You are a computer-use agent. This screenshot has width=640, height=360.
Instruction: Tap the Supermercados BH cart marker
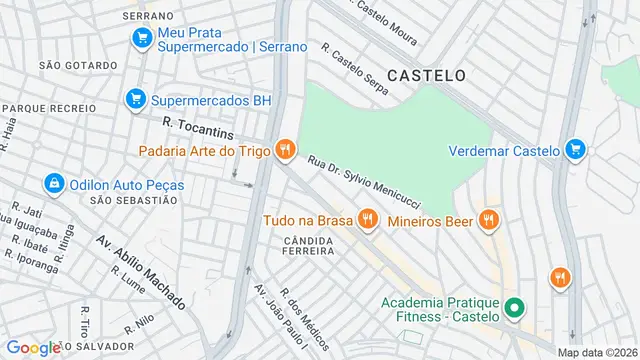[x=135, y=100]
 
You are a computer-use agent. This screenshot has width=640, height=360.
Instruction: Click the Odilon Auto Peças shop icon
[x=53, y=184]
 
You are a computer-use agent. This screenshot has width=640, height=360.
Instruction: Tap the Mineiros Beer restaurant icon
[x=488, y=219]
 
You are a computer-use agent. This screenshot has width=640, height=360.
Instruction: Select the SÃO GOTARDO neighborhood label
[x=70, y=64]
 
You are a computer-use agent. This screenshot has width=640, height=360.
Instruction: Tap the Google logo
[x=33, y=347]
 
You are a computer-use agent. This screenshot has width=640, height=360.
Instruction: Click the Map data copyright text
[x=597, y=352]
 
